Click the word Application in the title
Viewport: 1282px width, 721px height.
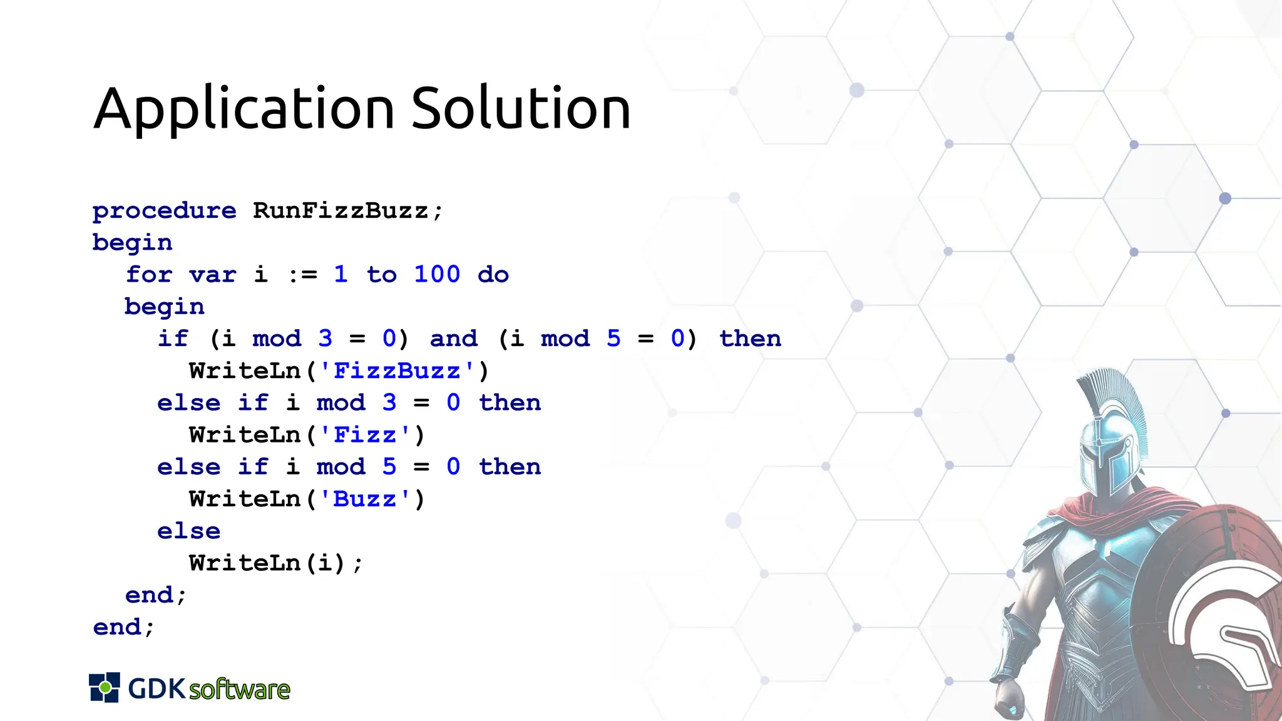point(244,110)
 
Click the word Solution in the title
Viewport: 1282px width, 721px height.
point(521,109)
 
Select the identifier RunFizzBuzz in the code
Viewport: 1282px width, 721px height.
point(341,211)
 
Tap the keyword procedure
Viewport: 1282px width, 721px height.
point(164,212)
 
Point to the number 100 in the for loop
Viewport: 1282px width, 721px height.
point(437,275)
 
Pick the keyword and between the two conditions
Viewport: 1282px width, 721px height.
point(453,339)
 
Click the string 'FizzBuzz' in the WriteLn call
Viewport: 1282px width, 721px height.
point(397,371)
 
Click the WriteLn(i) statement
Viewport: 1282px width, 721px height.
point(275,563)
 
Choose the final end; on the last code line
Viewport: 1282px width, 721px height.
point(123,627)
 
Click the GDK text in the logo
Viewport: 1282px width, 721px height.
point(156,688)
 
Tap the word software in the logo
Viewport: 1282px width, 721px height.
point(240,690)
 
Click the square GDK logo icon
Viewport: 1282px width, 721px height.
point(104,688)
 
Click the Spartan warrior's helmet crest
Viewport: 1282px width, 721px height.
point(1120,401)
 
